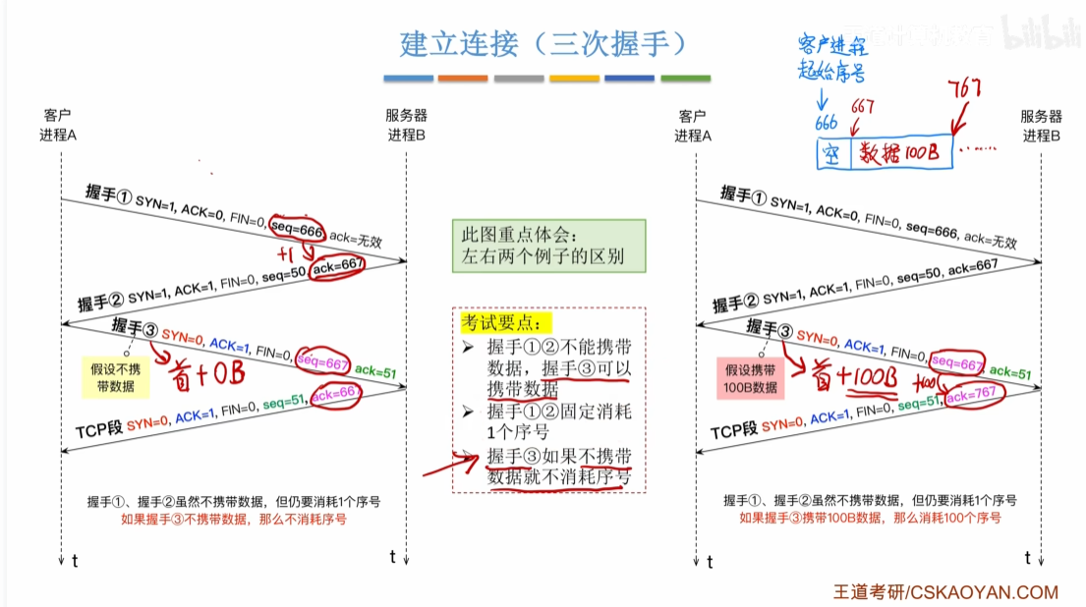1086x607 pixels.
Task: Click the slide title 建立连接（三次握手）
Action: pos(542,44)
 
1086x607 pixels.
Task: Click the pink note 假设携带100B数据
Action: pos(751,378)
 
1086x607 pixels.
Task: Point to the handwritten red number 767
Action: pos(964,90)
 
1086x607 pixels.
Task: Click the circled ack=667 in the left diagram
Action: pos(337,266)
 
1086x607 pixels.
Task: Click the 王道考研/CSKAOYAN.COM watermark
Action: pos(945,591)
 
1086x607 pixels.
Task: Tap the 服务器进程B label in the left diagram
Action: pos(406,125)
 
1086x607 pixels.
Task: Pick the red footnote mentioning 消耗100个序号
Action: pos(870,518)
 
